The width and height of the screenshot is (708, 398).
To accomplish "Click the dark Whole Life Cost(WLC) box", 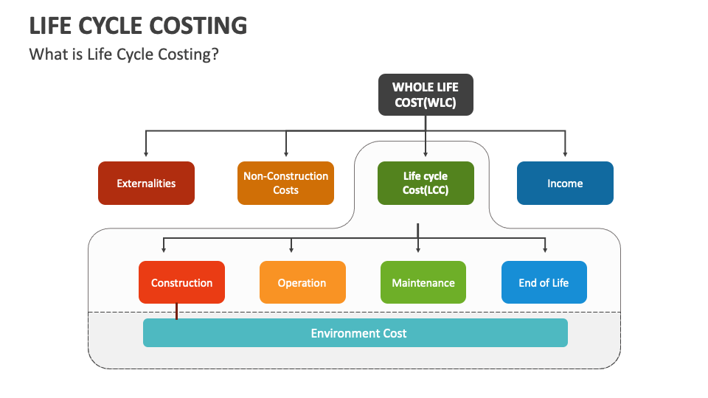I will pyautogui.click(x=426, y=95).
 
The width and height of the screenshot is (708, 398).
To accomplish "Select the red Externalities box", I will pyautogui.click(x=146, y=184).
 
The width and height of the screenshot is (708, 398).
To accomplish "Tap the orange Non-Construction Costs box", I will pyautogui.click(x=285, y=184).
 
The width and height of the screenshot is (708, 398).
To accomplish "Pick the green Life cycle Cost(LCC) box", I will pyautogui.click(x=426, y=184).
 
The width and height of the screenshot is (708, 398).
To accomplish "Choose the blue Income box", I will pyautogui.click(x=565, y=184).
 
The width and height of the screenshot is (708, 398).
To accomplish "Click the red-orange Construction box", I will pyautogui.click(x=181, y=282).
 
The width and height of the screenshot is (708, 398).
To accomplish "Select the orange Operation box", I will pyautogui.click(x=302, y=282).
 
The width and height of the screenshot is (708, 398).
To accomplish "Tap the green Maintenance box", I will pyautogui.click(x=423, y=282).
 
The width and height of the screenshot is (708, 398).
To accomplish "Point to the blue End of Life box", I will pyautogui.click(x=544, y=282).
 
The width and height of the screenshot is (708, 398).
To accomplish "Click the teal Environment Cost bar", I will pyautogui.click(x=355, y=333).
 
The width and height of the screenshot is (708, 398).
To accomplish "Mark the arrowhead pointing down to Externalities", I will pyautogui.click(x=146, y=154).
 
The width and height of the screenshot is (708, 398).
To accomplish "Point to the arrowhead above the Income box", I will pyautogui.click(x=565, y=154).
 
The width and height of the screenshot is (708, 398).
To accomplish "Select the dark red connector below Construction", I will pyautogui.click(x=177, y=312).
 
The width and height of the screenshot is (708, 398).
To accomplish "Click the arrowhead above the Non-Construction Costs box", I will pyautogui.click(x=285, y=154).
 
